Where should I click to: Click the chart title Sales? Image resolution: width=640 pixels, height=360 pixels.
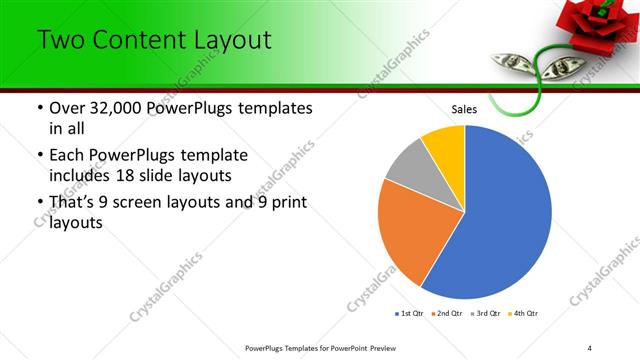click(464, 109)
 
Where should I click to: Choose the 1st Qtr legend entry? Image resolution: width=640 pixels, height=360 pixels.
click(412, 314)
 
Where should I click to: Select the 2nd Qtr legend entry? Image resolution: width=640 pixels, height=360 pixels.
click(449, 314)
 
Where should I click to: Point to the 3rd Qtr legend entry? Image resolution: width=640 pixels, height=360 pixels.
click(487, 314)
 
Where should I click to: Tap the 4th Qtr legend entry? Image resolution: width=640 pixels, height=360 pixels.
click(525, 314)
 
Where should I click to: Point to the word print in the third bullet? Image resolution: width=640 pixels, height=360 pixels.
click(286, 202)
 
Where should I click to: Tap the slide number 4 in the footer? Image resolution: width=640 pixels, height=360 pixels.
click(590, 347)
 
